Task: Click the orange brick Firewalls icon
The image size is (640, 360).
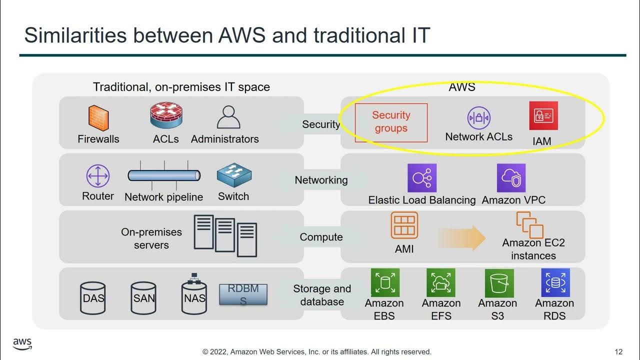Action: coord(98,118)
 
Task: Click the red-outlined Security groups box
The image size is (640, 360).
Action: coord(391,122)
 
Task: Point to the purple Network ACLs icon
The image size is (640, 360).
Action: coord(478,118)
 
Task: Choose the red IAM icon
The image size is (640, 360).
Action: coord(543,116)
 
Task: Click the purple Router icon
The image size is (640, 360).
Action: coord(97,176)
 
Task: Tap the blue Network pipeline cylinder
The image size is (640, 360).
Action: coord(164,175)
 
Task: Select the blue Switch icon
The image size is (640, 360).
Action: coord(234,175)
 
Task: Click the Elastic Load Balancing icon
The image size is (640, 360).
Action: coord(422,178)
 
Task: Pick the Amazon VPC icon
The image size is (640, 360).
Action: coord(511,178)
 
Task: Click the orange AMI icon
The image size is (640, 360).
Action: coord(404,225)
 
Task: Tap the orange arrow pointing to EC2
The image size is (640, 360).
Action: coord(461,237)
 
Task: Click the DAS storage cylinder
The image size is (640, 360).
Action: coord(93,298)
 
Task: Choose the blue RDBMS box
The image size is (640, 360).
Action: coord(243,294)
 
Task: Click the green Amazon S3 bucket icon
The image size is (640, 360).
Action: coord(499,283)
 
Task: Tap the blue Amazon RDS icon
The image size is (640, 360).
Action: coord(555,283)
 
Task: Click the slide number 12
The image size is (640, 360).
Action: coord(618,351)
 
